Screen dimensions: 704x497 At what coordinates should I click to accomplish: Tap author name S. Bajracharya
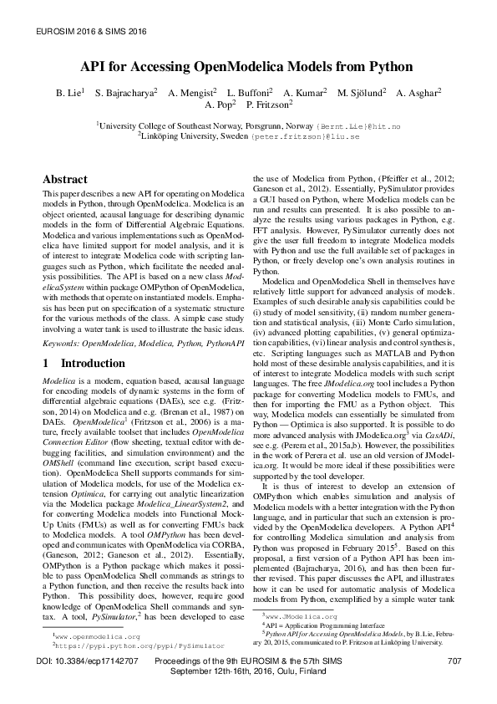(x=125, y=92)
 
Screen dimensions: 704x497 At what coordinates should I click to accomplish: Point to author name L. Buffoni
(x=248, y=92)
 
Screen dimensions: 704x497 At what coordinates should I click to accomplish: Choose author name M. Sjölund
(x=361, y=92)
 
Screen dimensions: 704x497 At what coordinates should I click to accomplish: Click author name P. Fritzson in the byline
(x=268, y=105)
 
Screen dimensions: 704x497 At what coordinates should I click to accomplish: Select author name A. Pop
(x=219, y=105)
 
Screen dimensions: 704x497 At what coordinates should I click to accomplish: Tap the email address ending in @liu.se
(x=317, y=135)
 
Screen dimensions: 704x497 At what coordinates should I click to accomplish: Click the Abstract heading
(x=65, y=179)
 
